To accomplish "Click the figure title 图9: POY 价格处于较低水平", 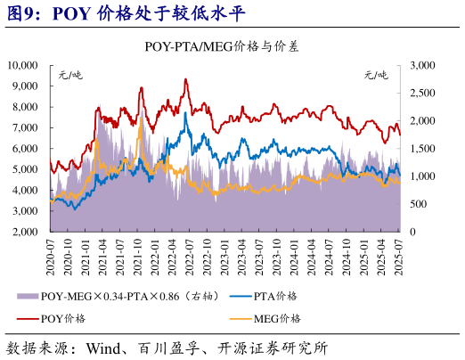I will click(125, 13).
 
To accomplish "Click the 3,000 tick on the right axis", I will click(422, 65).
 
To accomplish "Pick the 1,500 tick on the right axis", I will click(422, 148).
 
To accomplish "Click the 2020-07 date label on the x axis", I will click(50, 255).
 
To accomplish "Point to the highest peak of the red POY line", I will click(185, 79).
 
